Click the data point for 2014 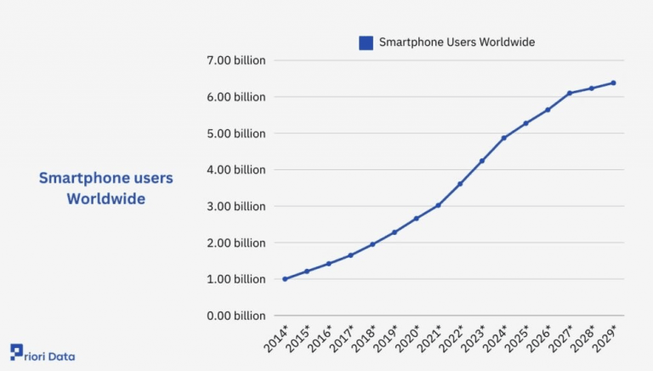(x=285, y=279)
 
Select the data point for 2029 (x=613, y=83)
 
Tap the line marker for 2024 (x=503, y=138)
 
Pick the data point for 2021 (x=438, y=205)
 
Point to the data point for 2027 (x=570, y=93)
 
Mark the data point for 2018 (x=372, y=244)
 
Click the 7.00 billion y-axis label (x=236, y=60)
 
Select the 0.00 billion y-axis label (x=236, y=316)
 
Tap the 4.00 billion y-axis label (x=236, y=170)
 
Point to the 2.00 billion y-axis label (x=236, y=243)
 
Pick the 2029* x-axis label (x=606, y=340)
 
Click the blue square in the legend (x=366, y=43)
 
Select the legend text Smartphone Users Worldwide (x=457, y=43)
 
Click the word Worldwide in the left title (x=106, y=199)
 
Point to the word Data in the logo (x=61, y=357)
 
